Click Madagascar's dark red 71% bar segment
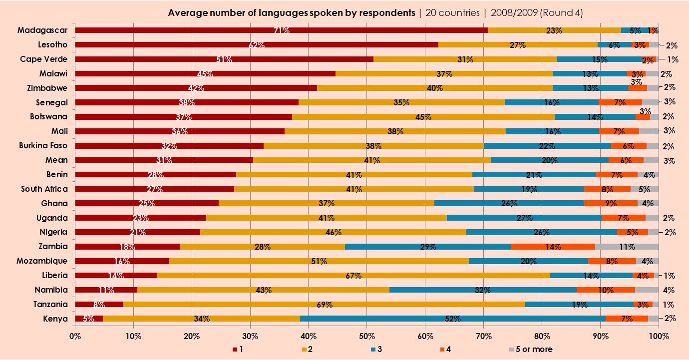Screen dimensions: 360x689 pyautogui.click(x=281, y=30)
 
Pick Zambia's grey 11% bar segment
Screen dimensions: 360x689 pyautogui.click(x=627, y=247)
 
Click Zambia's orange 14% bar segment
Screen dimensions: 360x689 pyautogui.click(x=553, y=247)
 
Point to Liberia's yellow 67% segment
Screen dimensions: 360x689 pyautogui.click(x=353, y=275)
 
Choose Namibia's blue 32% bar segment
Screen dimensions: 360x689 pyautogui.click(x=482, y=290)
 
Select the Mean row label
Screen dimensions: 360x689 pyautogui.click(x=57, y=160)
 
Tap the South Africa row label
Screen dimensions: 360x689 pyautogui.click(x=44, y=189)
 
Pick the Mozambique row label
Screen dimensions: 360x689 pyautogui.click(x=42, y=261)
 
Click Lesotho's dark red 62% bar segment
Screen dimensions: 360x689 pyautogui.click(x=256, y=45)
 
